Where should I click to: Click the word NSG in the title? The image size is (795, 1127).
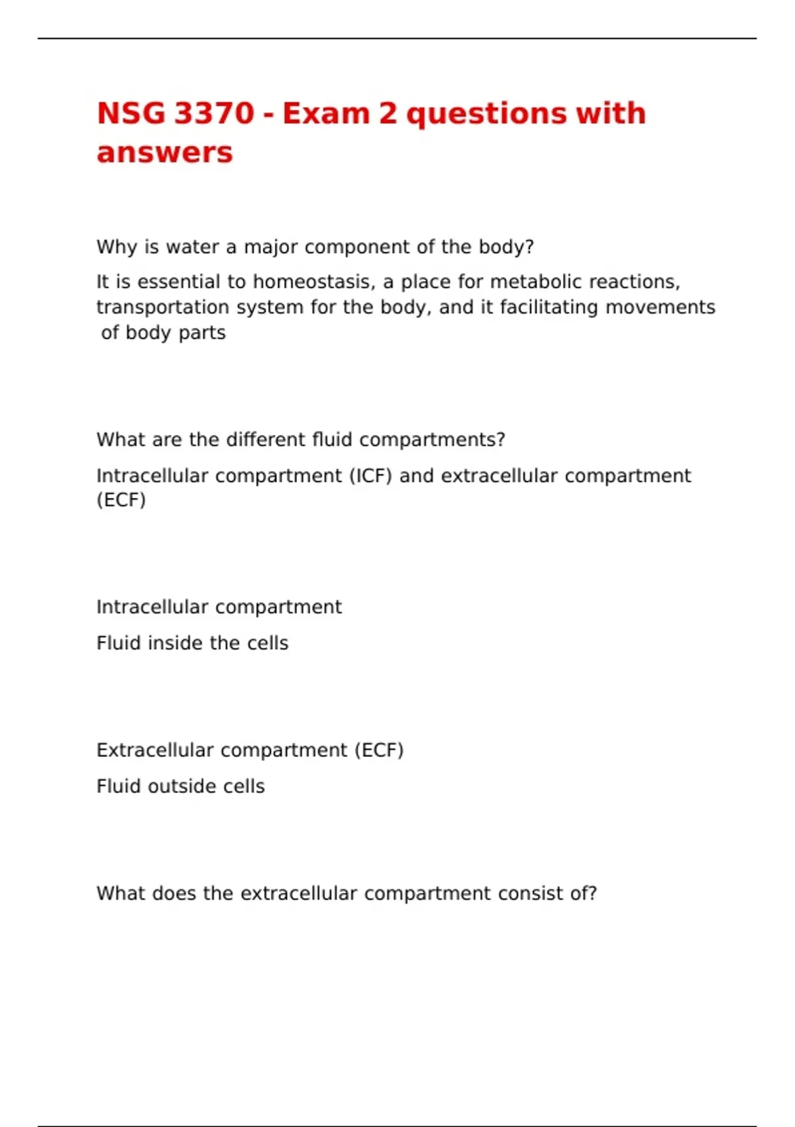pos(131,113)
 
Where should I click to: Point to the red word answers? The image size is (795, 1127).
pos(164,153)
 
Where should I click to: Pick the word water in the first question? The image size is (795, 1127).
pos(192,247)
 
